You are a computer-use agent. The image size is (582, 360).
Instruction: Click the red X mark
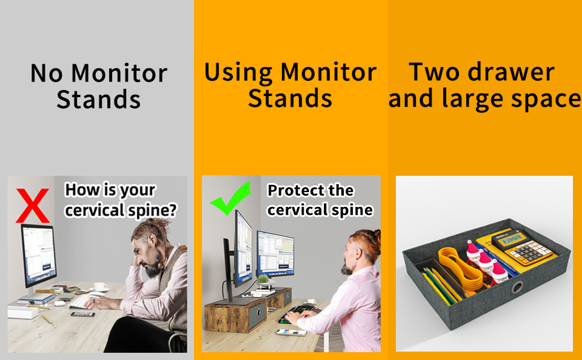coord(32,206)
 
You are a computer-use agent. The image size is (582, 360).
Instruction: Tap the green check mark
coord(231,199)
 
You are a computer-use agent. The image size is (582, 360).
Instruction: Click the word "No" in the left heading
coord(46,73)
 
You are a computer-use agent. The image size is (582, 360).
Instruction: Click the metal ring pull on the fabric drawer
coord(517,287)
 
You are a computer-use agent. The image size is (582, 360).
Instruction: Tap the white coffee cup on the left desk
coord(100,287)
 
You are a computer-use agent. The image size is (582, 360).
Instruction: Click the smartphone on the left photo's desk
coord(83,314)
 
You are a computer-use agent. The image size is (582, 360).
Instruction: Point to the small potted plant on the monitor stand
coord(264,280)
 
